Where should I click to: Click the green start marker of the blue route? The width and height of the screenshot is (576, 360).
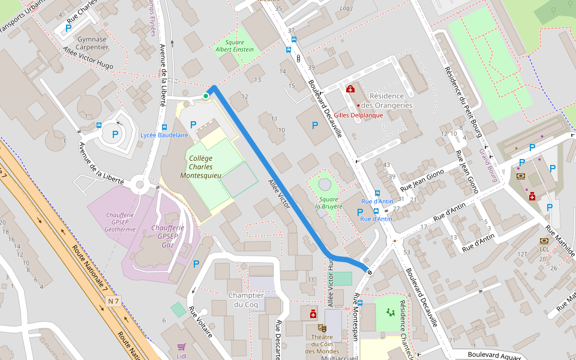pyautogui.click(x=206, y=96)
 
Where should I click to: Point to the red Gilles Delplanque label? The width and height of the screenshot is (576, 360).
pyautogui.click(x=358, y=115)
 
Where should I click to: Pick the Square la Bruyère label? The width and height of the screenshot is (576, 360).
pyautogui.click(x=329, y=203)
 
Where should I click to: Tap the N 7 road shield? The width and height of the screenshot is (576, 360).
pyautogui.click(x=113, y=300)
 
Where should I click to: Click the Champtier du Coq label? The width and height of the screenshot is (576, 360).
pyautogui.click(x=246, y=300)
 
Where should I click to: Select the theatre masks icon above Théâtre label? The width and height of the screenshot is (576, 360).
pyautogui.click(x=322, y=328)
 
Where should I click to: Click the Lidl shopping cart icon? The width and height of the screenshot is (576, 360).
pyautogui.click(x=181, y=347)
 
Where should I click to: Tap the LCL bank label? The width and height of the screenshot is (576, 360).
pyautogui.click(x=544, y=249)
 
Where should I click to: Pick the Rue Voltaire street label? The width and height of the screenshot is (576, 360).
pyautogui.click(x=200, y=322)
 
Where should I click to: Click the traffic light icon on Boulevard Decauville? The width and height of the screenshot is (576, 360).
pyautogui.click(x=298, y=58)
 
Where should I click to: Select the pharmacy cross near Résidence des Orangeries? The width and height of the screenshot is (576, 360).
pyautogui.click(x=350, y=89)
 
